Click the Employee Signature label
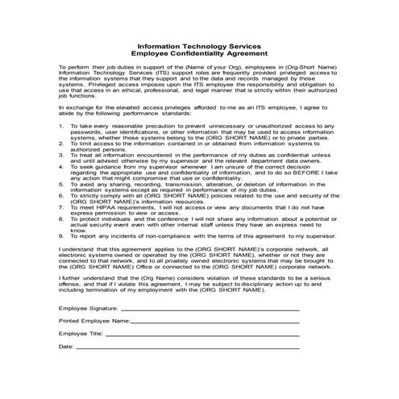(x=89, y=309)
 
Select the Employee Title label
(x=81, y=333)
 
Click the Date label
(x=66, y=346)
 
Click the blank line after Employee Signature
(x=210, y=310)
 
